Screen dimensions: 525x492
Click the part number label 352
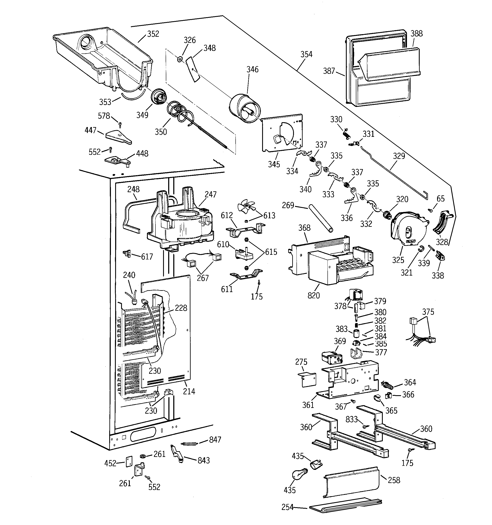[x=153, y=34]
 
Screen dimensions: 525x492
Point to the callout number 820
[x=313, y=295]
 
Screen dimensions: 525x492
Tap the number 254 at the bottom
[x=288, y=507]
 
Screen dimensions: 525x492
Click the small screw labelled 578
[x=120, y=124]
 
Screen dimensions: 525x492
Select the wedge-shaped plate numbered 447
[x=118, y=137]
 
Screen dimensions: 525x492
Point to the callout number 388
[x=417, y=34]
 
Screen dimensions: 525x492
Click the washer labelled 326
[x=180, y=59]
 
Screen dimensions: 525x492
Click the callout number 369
[x=340, y=342]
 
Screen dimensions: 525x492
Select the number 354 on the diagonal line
[x=306, y=54]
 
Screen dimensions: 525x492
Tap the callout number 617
[x=147, y=257]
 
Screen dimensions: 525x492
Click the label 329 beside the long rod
[x=399, y=156]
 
